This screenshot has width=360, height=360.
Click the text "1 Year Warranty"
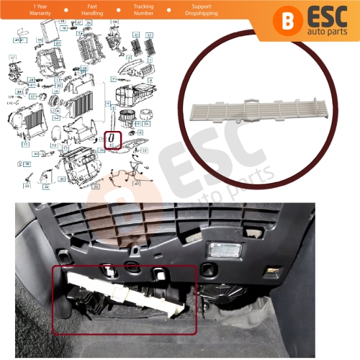(19, 9)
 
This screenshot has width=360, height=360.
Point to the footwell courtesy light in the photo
(220, 248)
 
